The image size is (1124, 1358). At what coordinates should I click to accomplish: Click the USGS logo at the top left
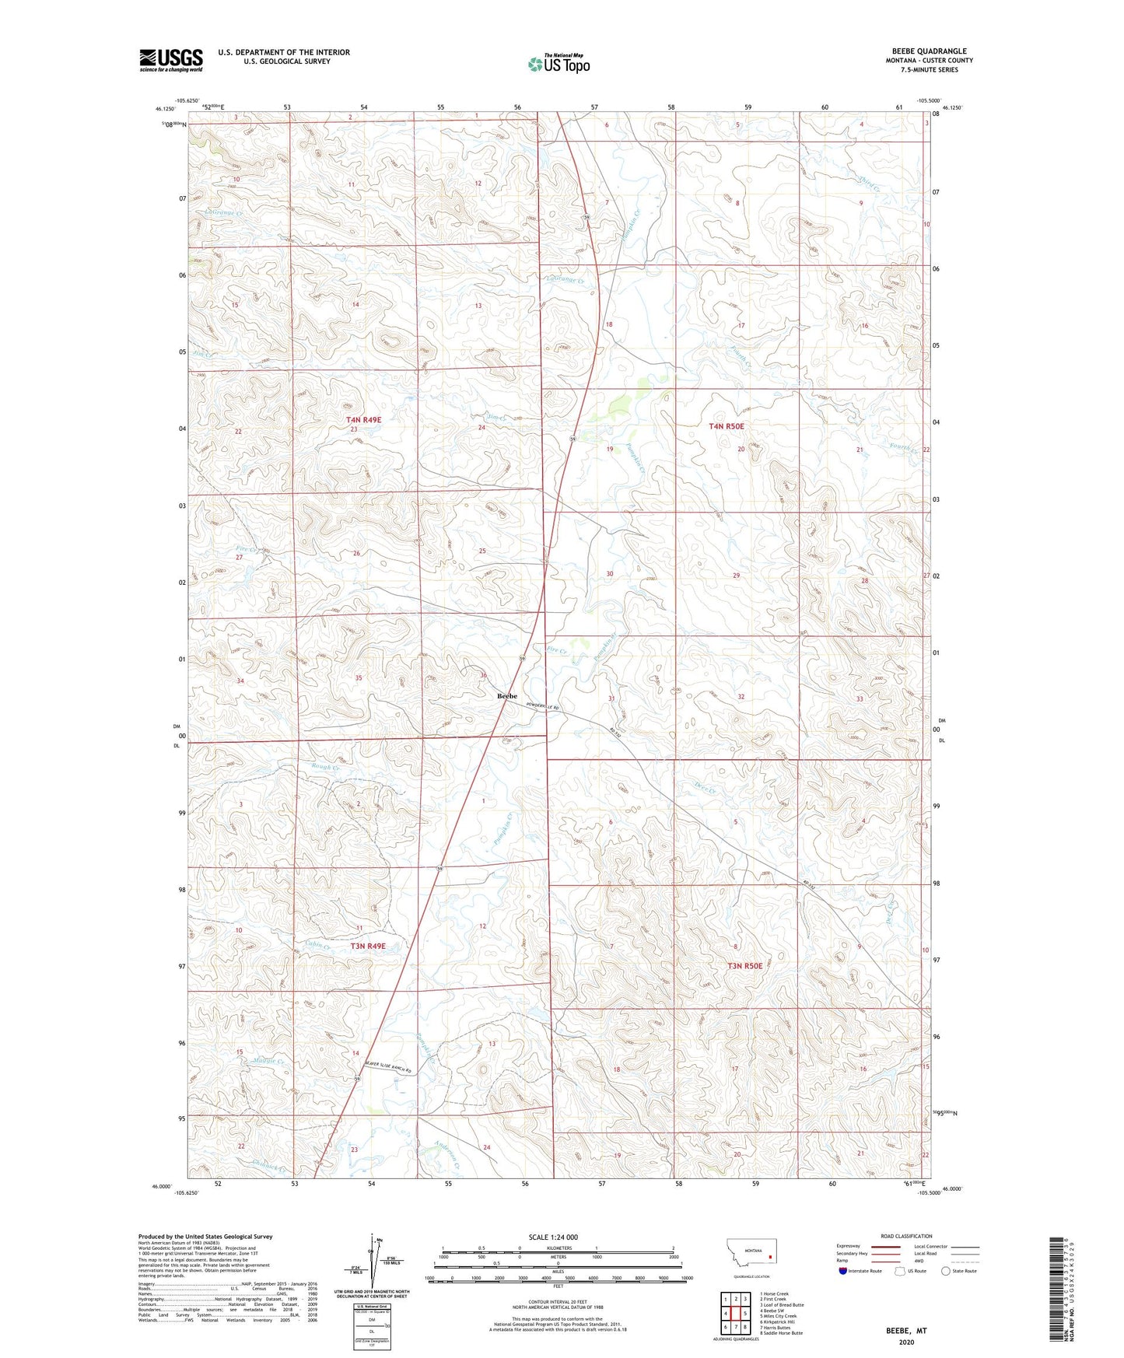click(170, 60)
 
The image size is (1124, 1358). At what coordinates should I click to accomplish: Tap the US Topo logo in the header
click(558, 63)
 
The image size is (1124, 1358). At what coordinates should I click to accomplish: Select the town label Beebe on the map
click(506, 696)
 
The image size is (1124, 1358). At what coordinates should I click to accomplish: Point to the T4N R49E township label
click(364, 419)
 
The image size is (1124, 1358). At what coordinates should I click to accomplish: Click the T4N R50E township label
click(726, 426)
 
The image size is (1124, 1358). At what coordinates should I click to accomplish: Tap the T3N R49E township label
click(368, 947)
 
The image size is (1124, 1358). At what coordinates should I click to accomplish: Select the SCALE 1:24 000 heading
click(553, 1237)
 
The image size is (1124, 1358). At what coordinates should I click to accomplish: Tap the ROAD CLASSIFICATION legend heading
click(906, 1236)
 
